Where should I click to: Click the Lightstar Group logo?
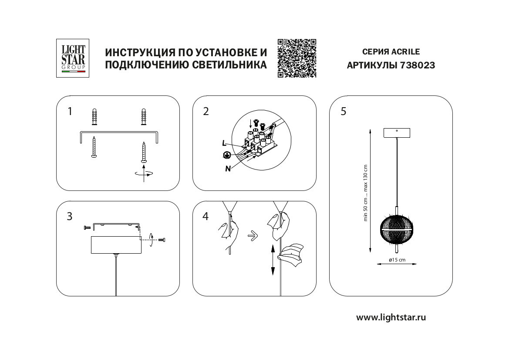coord(73,58)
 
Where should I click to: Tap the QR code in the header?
coord(297,58)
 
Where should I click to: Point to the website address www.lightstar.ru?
coord(391,317)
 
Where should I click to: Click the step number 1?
coord(70,112)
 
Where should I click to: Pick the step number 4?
coord(206,217)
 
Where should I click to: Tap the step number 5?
coord(344,112)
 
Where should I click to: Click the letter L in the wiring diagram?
coord(224,143)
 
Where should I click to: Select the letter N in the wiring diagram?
coord(228,169)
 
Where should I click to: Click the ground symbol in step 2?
coord(226,155)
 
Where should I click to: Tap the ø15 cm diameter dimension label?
coord(397,260)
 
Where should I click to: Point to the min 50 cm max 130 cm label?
coord(366,193)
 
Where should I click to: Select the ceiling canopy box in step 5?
coord(396,132)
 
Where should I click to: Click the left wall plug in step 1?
coord(94,118)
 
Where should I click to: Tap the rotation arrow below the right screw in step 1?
coord(144,173)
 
